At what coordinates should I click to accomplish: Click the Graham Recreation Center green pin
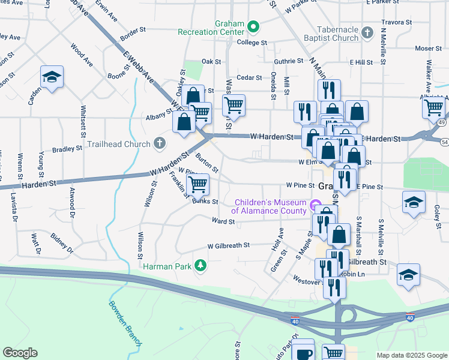click(253, 26)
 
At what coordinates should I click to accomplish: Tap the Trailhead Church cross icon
click(159, 143)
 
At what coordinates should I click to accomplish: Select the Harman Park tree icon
click(202, 265)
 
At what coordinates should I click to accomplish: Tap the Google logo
click(20, 353)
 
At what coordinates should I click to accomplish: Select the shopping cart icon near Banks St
click(197, 183)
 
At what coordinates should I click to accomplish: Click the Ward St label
click(223, 221)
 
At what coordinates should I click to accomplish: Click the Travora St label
click(396, 22)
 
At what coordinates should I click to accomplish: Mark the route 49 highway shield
click(442, 122)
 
